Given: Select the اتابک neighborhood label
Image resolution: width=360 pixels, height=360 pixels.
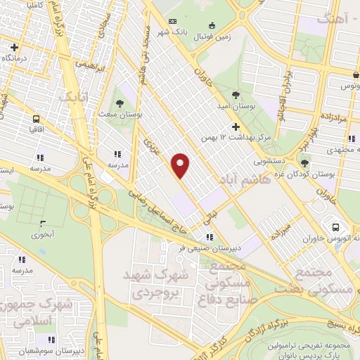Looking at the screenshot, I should (75, 99).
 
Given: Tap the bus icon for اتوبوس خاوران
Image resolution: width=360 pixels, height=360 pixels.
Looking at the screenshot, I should (335, 227).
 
